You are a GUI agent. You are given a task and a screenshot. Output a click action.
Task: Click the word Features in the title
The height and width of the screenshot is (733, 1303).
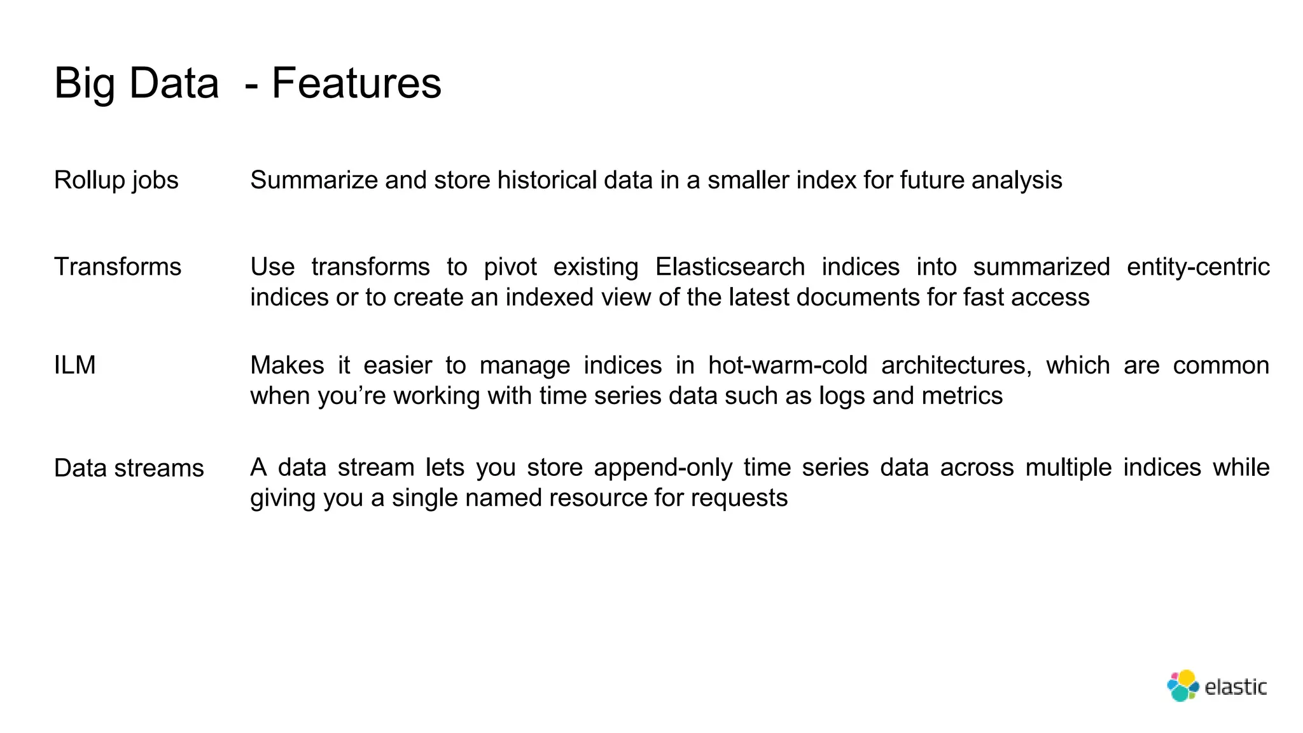[x=356, y=83]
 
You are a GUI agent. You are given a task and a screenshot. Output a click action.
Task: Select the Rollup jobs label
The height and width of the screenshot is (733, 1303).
[x=116, y=180]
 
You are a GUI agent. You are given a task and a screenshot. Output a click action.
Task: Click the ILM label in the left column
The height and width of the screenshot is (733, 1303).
[x=74, y=365]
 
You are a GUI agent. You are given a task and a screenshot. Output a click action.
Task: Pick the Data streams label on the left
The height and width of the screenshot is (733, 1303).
[x=129, y=468]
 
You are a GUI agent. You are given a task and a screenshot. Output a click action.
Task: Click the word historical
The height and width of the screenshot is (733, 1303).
[x=547, y=180]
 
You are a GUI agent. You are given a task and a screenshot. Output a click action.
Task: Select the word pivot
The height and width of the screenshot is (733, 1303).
[x=510, y=267]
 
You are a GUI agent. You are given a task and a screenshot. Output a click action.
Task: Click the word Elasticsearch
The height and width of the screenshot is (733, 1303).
[x=730, y=267]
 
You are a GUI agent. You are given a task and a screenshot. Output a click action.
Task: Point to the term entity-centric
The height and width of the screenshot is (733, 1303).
[x=1197, y=267]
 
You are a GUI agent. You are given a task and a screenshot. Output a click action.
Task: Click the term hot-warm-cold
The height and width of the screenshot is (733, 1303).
[x=788, y=365]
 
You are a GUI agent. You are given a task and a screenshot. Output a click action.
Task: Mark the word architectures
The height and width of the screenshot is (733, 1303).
[x=956, y=365]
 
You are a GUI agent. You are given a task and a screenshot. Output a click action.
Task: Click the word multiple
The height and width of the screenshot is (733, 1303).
[x=1068, y=468]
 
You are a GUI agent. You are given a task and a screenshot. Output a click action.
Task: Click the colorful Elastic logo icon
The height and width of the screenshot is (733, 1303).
[x=1182, y=686]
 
